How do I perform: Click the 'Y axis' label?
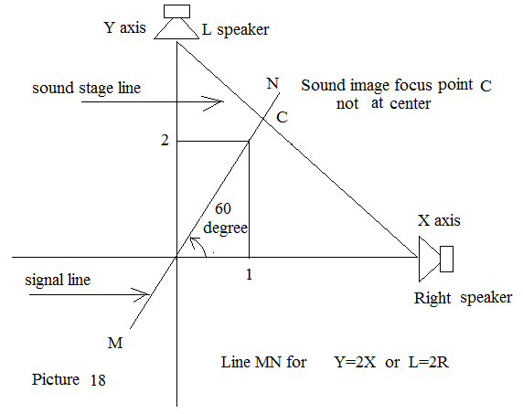pyautogui.click(x=125, y=27)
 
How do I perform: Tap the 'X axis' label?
pyautogui.click(x=439, y=220)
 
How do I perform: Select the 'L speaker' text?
pyautogui.click(x=236, y=29)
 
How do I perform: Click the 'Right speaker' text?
pyautogui.click(x=463, y=298)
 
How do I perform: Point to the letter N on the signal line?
pyautogui.click(x=272, y=83)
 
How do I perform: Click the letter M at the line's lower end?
pyautogui.click(x=115, y=343)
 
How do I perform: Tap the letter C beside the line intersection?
pyautogui.click(x=283, y=117)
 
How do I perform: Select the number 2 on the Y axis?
pyautogui.click(x=165, y=141)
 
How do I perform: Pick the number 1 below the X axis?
pyautogui.click(x=249, y=274)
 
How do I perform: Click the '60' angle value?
pyautogui.click(x=223, y=208)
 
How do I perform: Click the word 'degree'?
pyautogui.click(x=226, y=228)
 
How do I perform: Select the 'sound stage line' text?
pyautogui.click(x=86, y=89)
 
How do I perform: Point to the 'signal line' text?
pyautogui.click(x=58, y=280)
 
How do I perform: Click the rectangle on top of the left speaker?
pyautogui.click(x=176, y=11)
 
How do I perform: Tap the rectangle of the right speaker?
pyautogui.click(x=446, y=259)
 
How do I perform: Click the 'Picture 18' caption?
pyautogui.click(x=69, y=379)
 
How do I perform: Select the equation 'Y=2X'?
pyautogui.click(x=355, y=362)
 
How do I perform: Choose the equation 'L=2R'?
pyautogui.click(x=429, y=362)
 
